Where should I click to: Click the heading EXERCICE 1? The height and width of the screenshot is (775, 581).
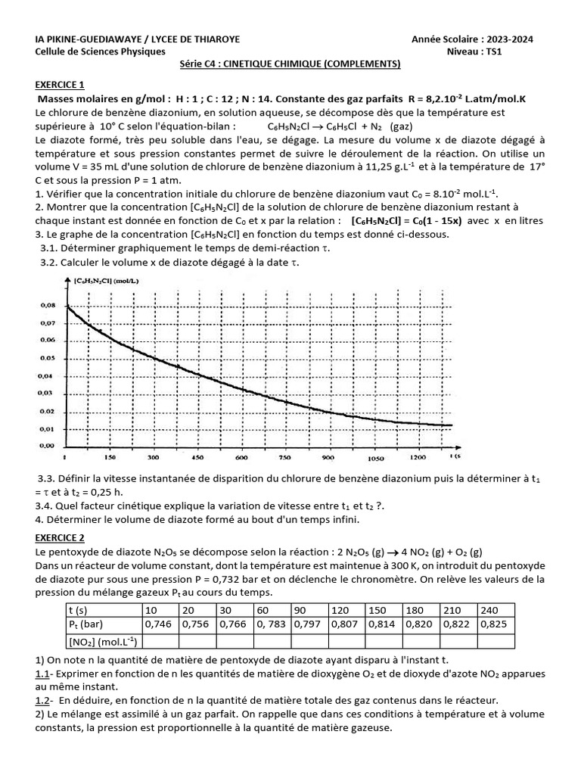click(61, 84)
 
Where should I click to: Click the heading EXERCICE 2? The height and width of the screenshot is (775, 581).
click(61, 538)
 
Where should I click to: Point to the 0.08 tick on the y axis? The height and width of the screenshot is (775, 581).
click(46, 306)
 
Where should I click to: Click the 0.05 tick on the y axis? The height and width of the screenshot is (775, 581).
click(46, 358)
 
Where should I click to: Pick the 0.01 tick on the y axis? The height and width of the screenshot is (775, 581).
click(46, 429)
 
